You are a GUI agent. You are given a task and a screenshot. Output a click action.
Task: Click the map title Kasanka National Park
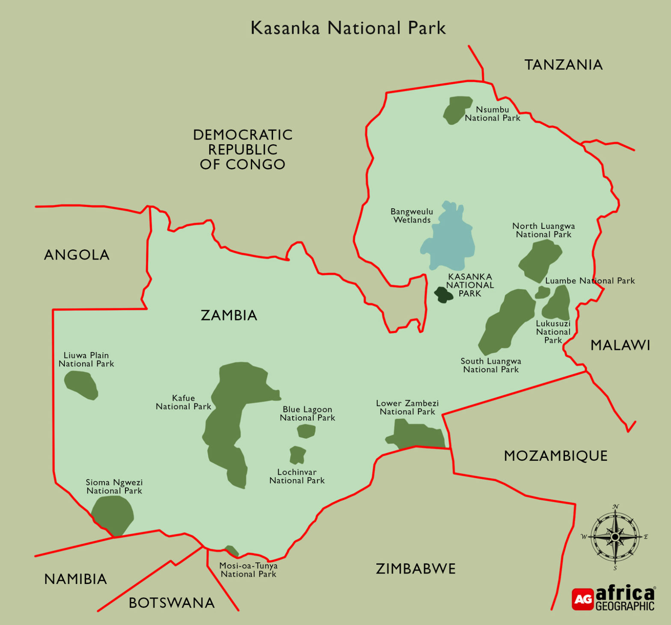348,28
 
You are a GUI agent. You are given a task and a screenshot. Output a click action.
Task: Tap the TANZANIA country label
564,65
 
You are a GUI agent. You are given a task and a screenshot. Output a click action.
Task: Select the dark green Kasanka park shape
443,294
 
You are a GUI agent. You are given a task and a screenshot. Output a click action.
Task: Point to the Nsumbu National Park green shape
457,109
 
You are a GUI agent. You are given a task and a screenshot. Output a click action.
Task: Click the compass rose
615,536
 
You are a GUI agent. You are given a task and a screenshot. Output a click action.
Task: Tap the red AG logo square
582,599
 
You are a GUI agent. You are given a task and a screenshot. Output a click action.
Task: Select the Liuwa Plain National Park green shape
81,384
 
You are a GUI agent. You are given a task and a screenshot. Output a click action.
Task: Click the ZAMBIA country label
229,315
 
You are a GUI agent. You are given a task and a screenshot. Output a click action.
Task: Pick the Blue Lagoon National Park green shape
306,431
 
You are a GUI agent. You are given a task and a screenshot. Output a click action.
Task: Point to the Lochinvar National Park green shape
297,455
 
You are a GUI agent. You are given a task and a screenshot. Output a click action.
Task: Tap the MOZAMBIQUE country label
555,456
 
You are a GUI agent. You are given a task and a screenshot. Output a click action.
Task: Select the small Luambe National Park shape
542,293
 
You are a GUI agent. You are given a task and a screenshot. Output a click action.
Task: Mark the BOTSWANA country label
172,603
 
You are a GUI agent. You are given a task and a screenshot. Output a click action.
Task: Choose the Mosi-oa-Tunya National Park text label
248,570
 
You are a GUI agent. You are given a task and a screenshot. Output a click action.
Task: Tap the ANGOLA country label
77,255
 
